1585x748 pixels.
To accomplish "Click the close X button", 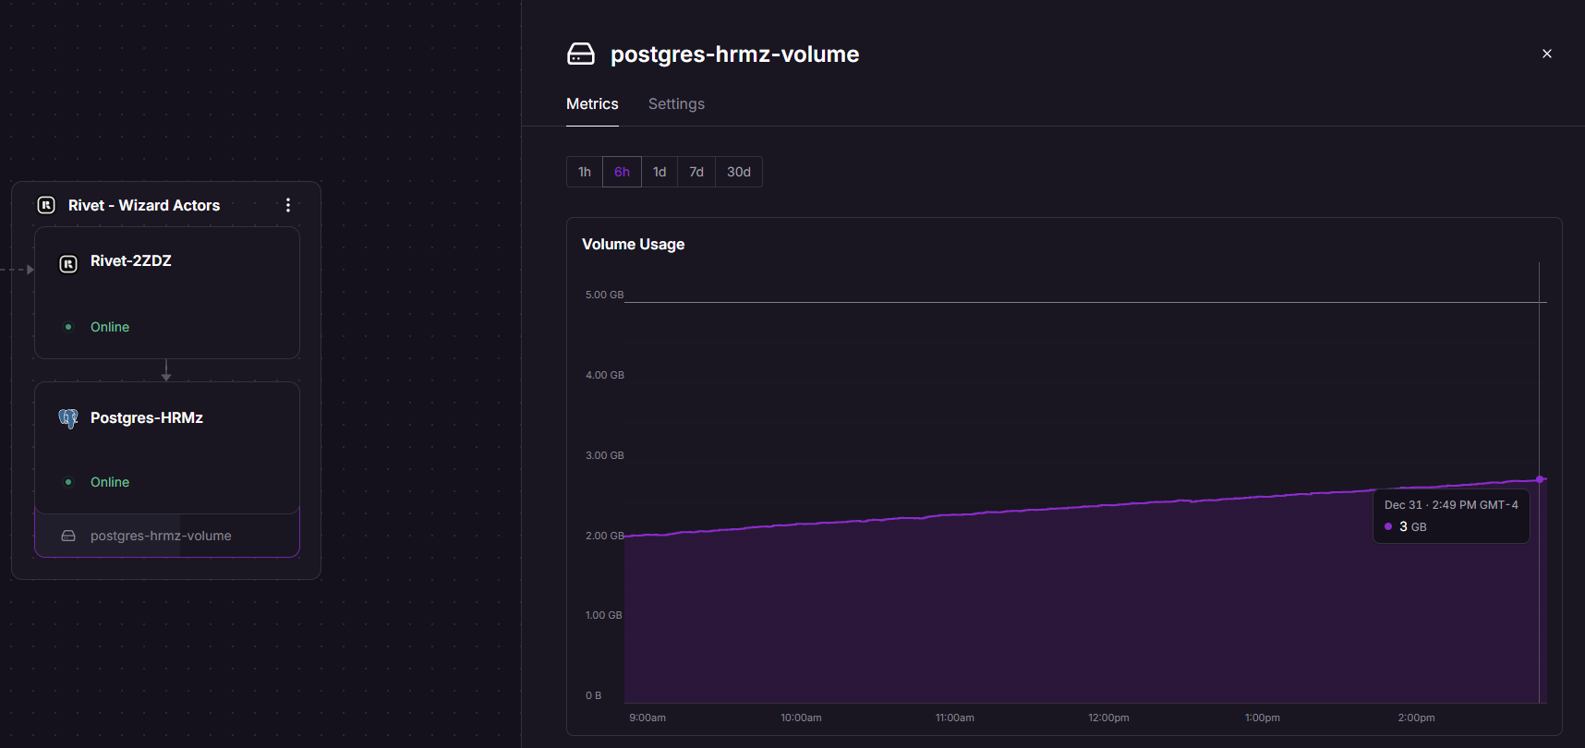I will pyautogui.click(x=1547, y=54).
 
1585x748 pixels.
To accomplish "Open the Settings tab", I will pyautogui.click(x=676, y=104).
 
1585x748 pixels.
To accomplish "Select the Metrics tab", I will pyautogui.click(x=592, y=104).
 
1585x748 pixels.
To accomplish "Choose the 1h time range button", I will pyautogui.click(x=585, y=172).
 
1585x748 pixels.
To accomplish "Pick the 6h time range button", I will pyautogui.click(x=622, y=172).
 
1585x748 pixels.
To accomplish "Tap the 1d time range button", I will pyautogui.click(x=659, y=172).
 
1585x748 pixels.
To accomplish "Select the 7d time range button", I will pyautogui.click(x=696, y=172).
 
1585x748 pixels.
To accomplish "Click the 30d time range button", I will pyautogui.click(x=739, y=172).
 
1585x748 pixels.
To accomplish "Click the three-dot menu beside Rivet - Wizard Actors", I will pyautogui.click(x=288, y=205).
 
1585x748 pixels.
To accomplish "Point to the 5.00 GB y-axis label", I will pyautogui.click(x=604, y=296).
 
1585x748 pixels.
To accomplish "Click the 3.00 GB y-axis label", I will pyautogui.click(x=604, y=455).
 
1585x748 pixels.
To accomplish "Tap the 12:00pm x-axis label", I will pyautogui.click(x=1108, y=718).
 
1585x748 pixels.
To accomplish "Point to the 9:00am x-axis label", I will pyautogui.click(x=647, y=718).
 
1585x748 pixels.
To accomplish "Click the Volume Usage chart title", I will pyautogui.click(x=634, y=245).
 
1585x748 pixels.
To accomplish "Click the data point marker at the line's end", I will pyautogui.click(x=1540, y=479).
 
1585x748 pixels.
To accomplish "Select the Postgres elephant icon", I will pyautogui.click(x=68, y=418).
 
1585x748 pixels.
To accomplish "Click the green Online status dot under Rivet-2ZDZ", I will pyautogui.click(x=68, y=327).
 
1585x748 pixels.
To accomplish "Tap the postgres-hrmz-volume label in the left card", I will pyautogui.click(x=161, y=536).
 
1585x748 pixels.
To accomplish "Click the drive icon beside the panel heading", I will pyautogui.click(x=581, y=54).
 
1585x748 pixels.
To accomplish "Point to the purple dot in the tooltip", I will pyautogui.click(x=1388, y=526).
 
